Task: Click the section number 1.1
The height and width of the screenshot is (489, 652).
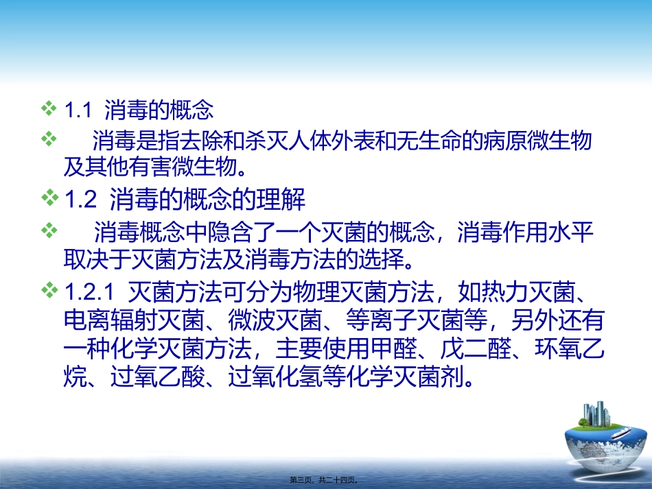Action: tap(77, 110)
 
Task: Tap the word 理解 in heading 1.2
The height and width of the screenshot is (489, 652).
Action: tap(280, 201)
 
